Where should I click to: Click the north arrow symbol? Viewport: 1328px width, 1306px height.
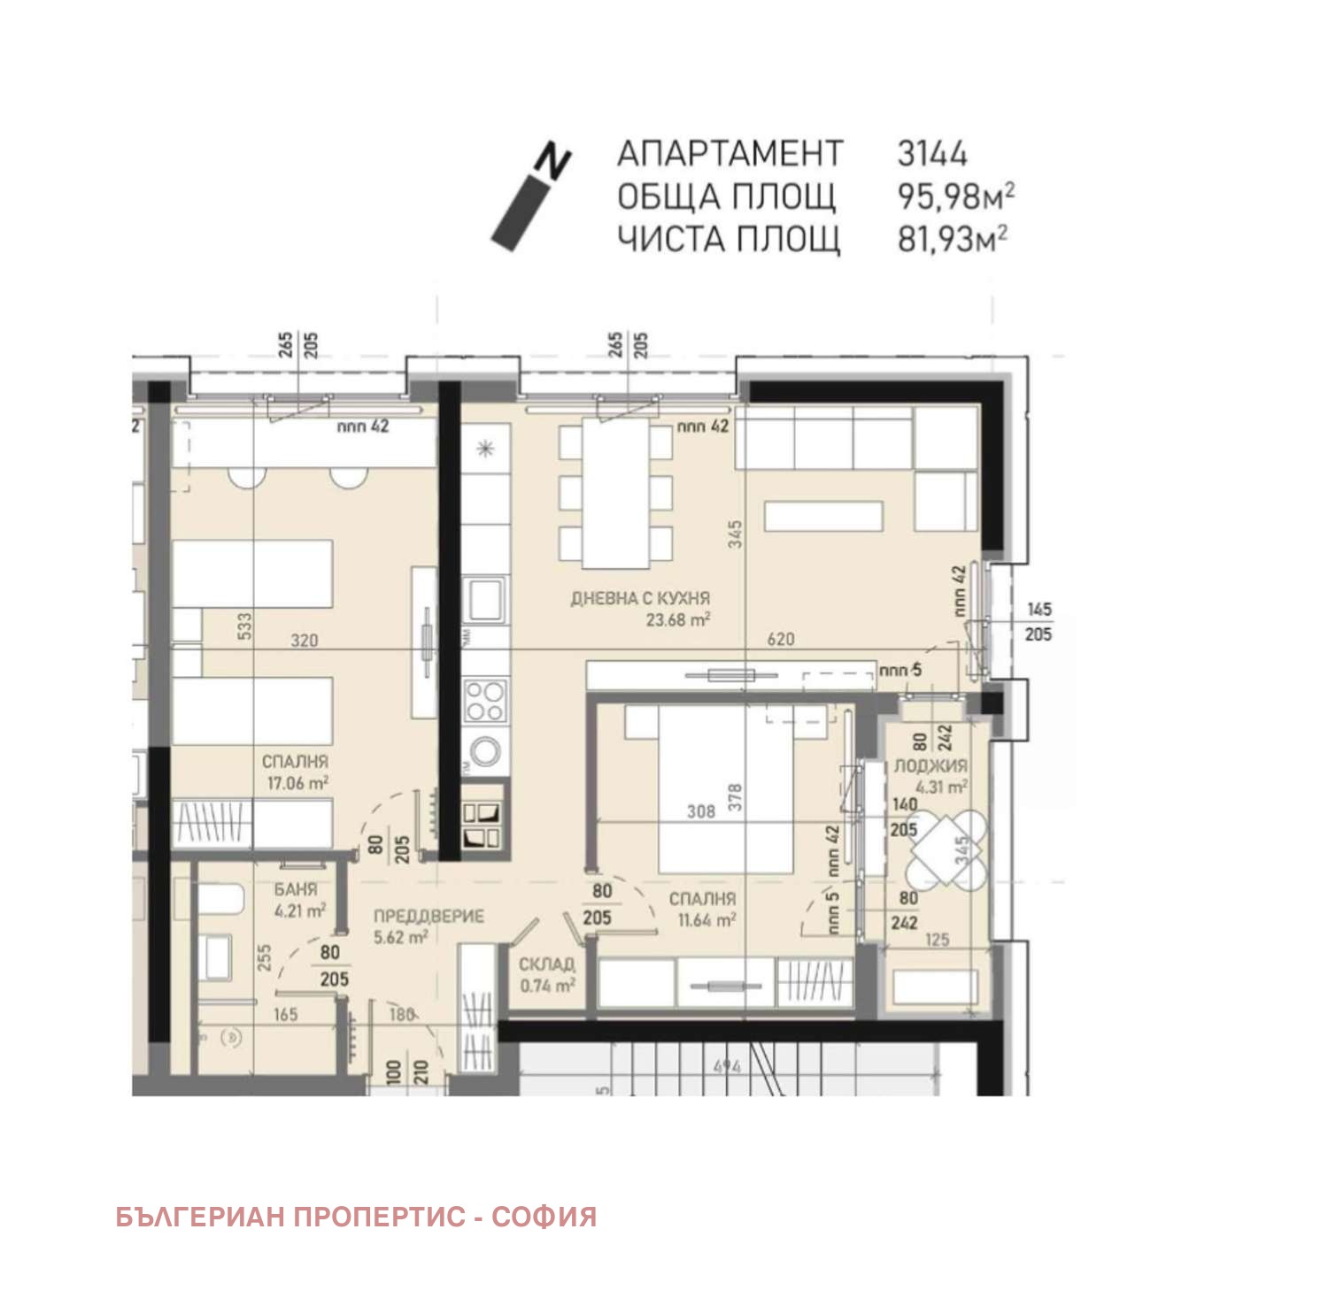tap(531, 196)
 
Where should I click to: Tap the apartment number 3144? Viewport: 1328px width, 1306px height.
tap(931, 153)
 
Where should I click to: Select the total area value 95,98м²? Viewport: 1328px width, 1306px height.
tap(955, 196)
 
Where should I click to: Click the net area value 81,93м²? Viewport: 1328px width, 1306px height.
tap(952, 240)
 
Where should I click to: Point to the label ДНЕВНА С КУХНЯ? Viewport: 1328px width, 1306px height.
tap(640, 599)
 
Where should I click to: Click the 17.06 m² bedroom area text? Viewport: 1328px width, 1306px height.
tap(297, 783)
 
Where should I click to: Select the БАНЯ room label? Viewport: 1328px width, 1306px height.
tap(296, 890)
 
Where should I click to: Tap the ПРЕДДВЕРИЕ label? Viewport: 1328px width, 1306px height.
tap(429, 917)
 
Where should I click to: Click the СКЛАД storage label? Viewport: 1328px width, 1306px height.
tap(546, 964)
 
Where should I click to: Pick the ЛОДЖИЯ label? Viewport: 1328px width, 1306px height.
tap(930, 766)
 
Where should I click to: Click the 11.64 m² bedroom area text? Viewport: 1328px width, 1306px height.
tap(706, 921)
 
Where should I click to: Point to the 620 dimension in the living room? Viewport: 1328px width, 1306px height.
tap(780, 640)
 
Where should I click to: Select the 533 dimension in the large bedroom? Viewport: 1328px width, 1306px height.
tap(245, 626)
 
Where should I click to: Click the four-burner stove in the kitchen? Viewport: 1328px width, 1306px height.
tap(485, 700)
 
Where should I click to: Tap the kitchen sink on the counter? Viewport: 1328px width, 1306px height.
tap(484, 601)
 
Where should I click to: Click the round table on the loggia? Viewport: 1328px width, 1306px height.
tap(944, 849)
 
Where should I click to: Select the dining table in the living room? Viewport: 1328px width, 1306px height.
tap(615, 493)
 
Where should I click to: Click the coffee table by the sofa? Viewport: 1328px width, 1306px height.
tap(823, 517)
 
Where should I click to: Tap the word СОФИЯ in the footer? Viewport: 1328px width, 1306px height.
tap(544, 1218)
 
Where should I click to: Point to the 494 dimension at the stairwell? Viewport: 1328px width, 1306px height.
tap(727, 1067)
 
